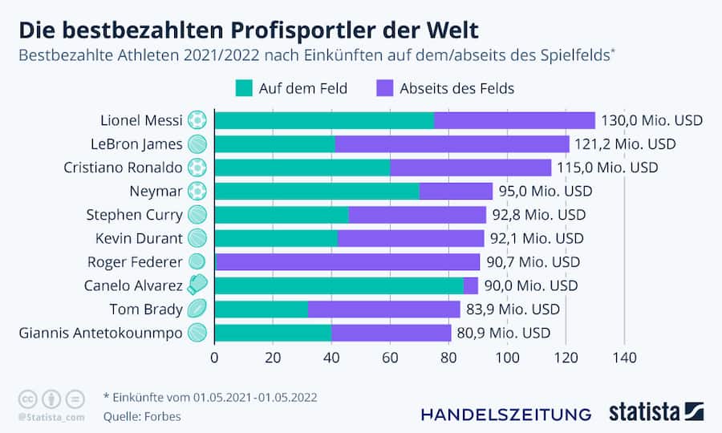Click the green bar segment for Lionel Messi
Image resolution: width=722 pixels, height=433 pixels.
coord(324,120)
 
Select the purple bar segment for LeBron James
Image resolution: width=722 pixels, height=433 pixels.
coord(452,144)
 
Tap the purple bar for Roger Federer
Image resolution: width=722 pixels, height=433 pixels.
coord(347,261)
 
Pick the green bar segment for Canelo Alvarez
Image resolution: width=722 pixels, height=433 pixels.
coord(339,285)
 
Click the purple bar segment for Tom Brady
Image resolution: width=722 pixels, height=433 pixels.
coord(383,309)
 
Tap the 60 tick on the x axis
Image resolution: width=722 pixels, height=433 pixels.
coord(390,358)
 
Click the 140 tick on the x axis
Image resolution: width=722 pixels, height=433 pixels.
coord(624,358)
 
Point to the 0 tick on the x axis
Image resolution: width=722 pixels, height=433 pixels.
coord(215,358)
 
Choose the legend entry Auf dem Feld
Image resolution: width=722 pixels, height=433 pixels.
coord(291,88)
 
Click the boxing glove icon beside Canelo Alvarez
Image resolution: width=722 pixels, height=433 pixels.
coord(197,285)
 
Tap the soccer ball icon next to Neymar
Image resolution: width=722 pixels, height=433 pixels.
coord(197,192)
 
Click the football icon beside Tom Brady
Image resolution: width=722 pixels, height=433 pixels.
coord(197,309)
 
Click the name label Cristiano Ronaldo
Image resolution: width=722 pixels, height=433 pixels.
coord(123,168)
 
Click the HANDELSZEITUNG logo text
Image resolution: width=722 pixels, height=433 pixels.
coord(506,414)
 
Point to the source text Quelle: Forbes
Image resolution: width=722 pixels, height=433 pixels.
coord(142,416)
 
